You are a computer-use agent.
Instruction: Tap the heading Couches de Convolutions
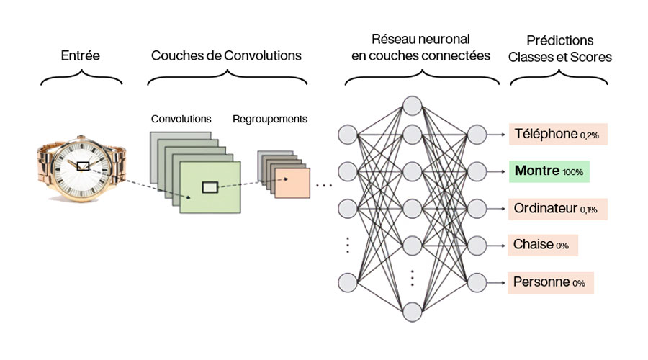tap(226, 55)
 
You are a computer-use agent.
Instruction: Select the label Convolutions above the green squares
tap(181, 118)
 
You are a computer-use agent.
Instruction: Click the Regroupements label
tap(270, 118)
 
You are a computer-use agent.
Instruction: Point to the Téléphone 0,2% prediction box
tap(558, 134)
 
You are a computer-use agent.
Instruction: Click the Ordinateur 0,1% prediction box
tap(558, 209)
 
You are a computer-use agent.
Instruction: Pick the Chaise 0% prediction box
tap(544, 245)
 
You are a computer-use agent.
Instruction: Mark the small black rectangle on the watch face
tap(83, 166)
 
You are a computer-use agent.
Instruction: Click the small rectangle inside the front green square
tap(210, 187)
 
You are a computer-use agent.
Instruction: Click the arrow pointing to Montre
tap(498, 171)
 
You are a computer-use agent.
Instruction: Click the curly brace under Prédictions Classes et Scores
tap(559, 78)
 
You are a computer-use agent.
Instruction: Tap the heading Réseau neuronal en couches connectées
tap(420, 47)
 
